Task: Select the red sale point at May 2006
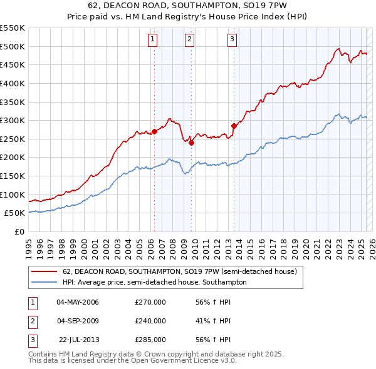(x=154, y=132)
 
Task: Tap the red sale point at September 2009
(x=191, y=143)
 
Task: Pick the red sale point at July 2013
(x=234, y=126)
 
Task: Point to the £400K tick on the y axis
(x=13, y=83)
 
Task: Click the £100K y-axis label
(x=13, y=195)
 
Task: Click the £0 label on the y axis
(x=19, y=231)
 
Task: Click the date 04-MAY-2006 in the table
(x=78, y=303)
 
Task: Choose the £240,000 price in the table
(x=150, y=321)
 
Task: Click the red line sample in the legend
(x=44, y=271)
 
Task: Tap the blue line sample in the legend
(x=44, y=282)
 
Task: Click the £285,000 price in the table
(x=150, y=339)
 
